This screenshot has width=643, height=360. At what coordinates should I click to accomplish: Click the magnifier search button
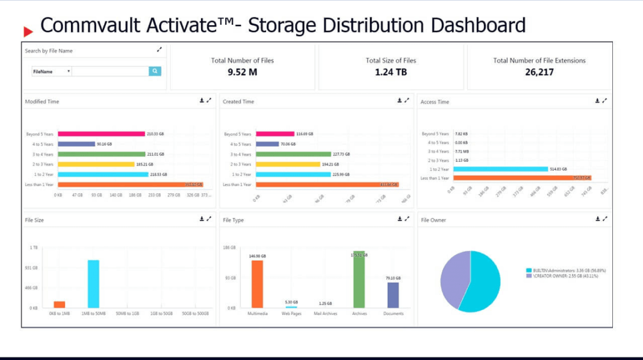point(155,71)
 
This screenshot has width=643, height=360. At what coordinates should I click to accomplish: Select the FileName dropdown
point(52,71)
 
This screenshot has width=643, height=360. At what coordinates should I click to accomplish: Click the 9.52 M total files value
point(243,72)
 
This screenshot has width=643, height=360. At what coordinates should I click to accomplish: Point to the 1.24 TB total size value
point(391,72)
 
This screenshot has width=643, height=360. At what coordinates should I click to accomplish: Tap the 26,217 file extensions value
point(539,72)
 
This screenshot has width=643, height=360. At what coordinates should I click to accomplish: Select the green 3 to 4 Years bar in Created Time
point(293,154)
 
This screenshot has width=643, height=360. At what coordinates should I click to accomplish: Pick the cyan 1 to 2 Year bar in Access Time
point(500,169)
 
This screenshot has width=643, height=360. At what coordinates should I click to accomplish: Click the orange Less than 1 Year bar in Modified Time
point(130,184)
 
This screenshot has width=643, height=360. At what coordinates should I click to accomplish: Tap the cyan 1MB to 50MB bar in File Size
point(93,284)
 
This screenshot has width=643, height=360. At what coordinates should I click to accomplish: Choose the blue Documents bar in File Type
point(393,295)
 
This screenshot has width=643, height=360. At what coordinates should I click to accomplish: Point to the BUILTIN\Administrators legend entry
point(565,271)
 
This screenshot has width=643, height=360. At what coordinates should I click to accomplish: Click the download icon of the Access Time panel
point(597,101)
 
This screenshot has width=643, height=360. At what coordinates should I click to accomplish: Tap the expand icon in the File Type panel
point(407,219)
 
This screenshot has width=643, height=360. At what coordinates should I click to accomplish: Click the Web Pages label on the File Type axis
point(291,314)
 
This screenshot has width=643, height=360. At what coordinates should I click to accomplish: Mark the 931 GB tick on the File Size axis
point(31,268)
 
